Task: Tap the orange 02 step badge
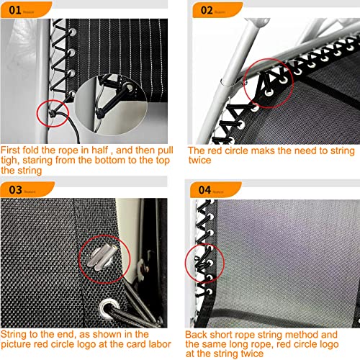tap(205, 11)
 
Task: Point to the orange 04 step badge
tap(205, 190)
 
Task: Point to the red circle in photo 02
tap(267, 84)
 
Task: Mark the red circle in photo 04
tap(205, 259)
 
